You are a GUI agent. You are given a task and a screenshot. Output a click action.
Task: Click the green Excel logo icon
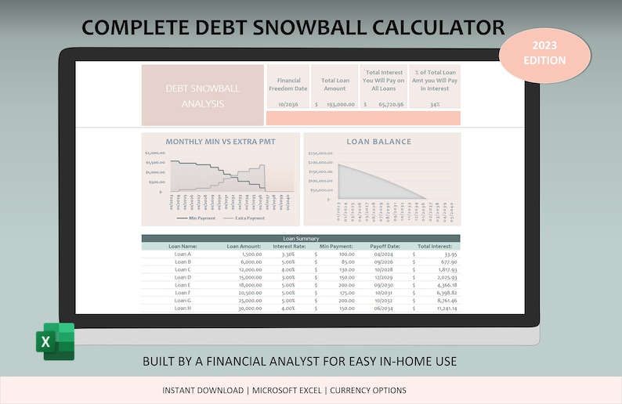point(55,341)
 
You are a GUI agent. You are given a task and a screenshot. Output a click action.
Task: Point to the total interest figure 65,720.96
point(390,104)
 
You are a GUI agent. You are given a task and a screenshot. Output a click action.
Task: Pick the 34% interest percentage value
point(434,104)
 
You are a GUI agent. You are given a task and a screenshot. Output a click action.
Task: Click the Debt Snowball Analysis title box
point(202,95)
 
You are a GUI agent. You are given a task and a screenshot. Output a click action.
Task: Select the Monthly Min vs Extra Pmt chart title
point(220,142)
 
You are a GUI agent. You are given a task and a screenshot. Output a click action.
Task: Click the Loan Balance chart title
point(378,142)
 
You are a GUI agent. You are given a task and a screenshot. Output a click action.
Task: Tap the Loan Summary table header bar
point(301,238)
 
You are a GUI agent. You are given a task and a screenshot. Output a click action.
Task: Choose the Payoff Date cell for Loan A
point(385,254)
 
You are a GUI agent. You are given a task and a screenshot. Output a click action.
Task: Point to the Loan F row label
point(183,292)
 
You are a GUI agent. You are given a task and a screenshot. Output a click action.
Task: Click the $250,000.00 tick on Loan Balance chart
point(320,153)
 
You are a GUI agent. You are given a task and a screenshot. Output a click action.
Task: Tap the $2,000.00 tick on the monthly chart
point(154,153)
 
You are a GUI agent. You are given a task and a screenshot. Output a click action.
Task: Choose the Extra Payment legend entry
point(244,218)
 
